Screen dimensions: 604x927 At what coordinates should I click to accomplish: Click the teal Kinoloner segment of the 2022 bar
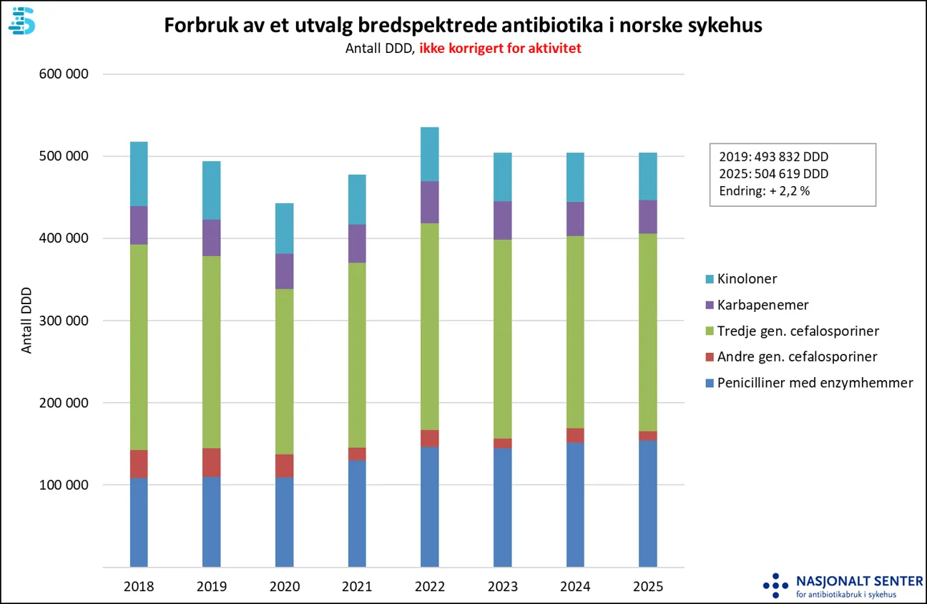[429, 154]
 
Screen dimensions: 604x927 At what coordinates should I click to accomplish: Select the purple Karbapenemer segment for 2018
[139, 225]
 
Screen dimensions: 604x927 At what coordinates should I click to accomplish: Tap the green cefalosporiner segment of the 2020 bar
[284, 371]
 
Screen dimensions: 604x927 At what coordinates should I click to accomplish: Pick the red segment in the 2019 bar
[211, 462]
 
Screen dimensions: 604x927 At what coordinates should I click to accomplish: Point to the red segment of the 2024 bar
[575, 435]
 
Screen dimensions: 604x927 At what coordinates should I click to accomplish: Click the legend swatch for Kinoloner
[710, 279]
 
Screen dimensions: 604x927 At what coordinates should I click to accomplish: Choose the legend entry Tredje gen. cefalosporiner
[798, 331]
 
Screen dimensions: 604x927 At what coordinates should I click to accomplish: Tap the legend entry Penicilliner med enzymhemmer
[815, 383]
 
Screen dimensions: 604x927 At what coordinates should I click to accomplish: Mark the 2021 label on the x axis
[356, 587]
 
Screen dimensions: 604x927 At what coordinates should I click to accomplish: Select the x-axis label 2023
[502, 587]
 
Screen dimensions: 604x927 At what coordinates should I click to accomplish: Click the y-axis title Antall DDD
[27, 321]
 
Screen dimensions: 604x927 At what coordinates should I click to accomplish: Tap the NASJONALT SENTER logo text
[859, 580]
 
